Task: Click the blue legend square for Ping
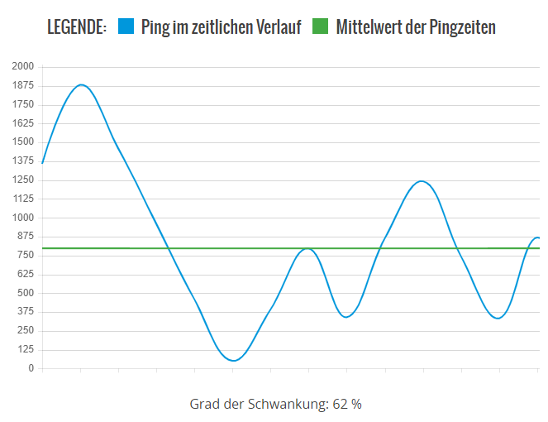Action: point(126,27)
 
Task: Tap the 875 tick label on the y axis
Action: point(26,236)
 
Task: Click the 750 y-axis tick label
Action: point(26,255)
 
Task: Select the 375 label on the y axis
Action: point(26,311)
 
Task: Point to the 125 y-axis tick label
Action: point(26,349)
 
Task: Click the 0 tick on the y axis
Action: point(31,368)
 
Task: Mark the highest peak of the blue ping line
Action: point(81,84)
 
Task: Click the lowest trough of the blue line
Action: point(234,361)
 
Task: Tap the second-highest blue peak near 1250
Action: point(422,181)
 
